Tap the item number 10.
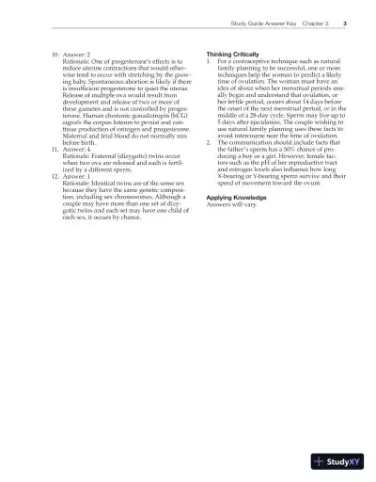pos(53,55)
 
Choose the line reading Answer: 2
pos(80,55)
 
